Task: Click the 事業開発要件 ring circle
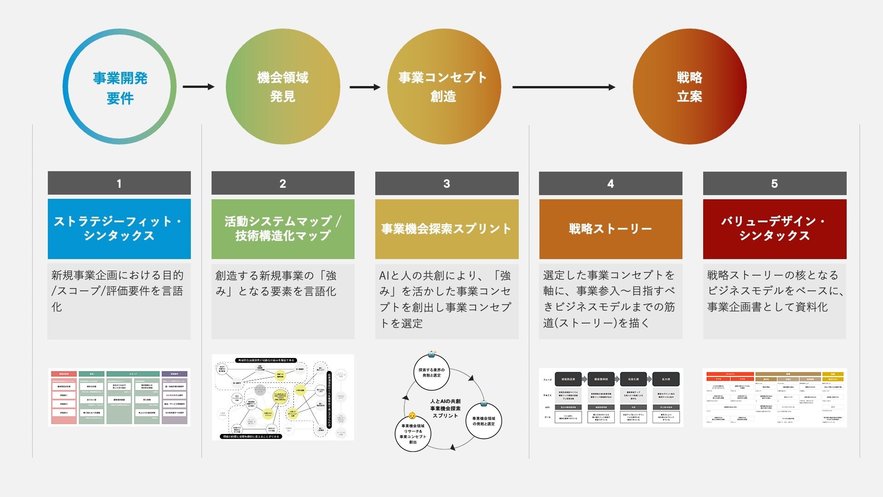(120, 87)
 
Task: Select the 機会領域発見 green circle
(282, 87)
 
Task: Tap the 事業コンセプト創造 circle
(443, 87)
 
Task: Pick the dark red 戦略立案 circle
(689, 87)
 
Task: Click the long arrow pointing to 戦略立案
(563, 87)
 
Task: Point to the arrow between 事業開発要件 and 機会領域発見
(198, 87)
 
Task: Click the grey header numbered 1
(119, 183)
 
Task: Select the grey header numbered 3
(447, 183)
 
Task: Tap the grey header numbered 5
(774, 183)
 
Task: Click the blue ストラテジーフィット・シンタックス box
(119, 229)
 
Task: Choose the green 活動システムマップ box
(283, 229)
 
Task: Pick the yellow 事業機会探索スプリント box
(447, 229)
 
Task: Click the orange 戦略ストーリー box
(610, 229)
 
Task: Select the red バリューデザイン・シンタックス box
(774, 229)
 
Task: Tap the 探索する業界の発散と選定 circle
(431, 372)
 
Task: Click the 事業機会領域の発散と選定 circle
(483, 421)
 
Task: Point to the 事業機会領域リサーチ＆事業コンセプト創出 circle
(413, 434)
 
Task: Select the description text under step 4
(609, 299)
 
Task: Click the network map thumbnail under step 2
(283, 397)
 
